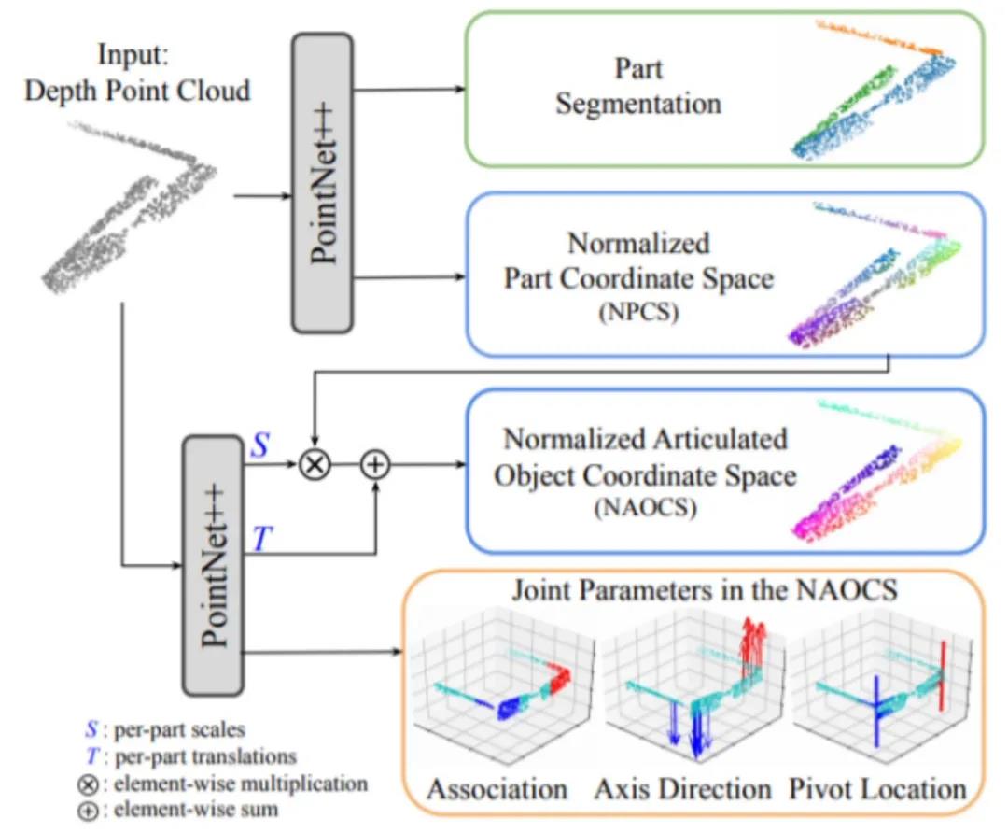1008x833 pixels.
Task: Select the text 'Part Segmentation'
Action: point(637,85)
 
